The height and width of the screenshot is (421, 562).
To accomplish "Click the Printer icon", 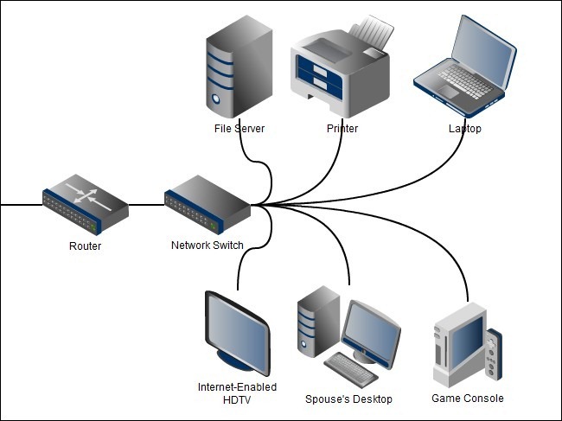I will pyautogui.click(x=342, y=69).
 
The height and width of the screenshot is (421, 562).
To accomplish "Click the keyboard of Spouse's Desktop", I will pyautogui.click(x=351, y=368).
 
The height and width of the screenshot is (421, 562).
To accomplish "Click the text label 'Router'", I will pyautogui.click(x=85, y=246).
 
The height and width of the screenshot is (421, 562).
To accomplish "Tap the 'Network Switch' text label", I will pyautogui.click(x=208, y=246).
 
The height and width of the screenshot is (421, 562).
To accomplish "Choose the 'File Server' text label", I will pyautogui.click(x=239, y=129).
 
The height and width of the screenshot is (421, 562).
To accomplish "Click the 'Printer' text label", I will pyautogui.click(x=342, y=129).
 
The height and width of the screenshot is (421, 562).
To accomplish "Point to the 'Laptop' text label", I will pyautogui.click(x=464, y=129).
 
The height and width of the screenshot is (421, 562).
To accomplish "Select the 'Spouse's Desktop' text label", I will pyautogui.click(x=348, y=399).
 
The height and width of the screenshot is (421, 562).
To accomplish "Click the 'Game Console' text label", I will pyautogui.click(x=467, y=399).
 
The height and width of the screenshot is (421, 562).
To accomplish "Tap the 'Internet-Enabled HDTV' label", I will pyautogui.click(x=237, y=393).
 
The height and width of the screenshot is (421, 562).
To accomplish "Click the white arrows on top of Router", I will pyautogui.click(x=90, y=194).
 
